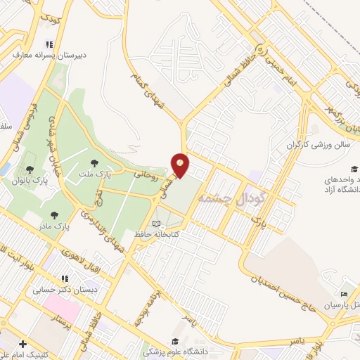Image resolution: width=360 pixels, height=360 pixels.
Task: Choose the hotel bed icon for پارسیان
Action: [x=344, y=294]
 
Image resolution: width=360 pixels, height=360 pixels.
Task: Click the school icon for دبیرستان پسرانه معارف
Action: [x=48, y=43]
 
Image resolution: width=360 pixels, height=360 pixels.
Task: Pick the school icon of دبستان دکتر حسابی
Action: [x=64, y=278]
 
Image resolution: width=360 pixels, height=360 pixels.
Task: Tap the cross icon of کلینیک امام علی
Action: [x=24, y=344]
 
